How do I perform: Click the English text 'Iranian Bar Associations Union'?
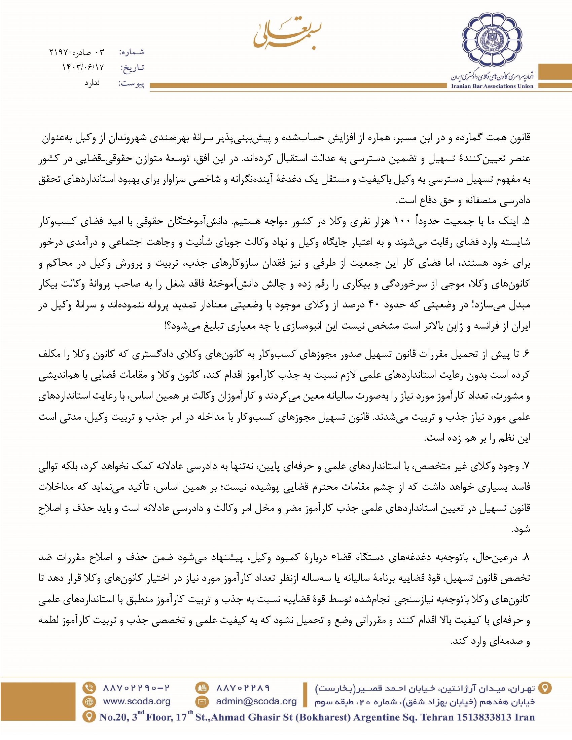point(492,86)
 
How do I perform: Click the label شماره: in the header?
point(133,52)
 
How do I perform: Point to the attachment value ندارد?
point(92,83)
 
